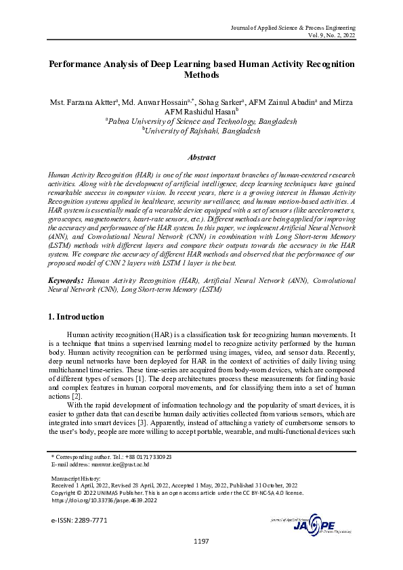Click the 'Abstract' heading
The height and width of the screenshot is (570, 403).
(x=201, y=157)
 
